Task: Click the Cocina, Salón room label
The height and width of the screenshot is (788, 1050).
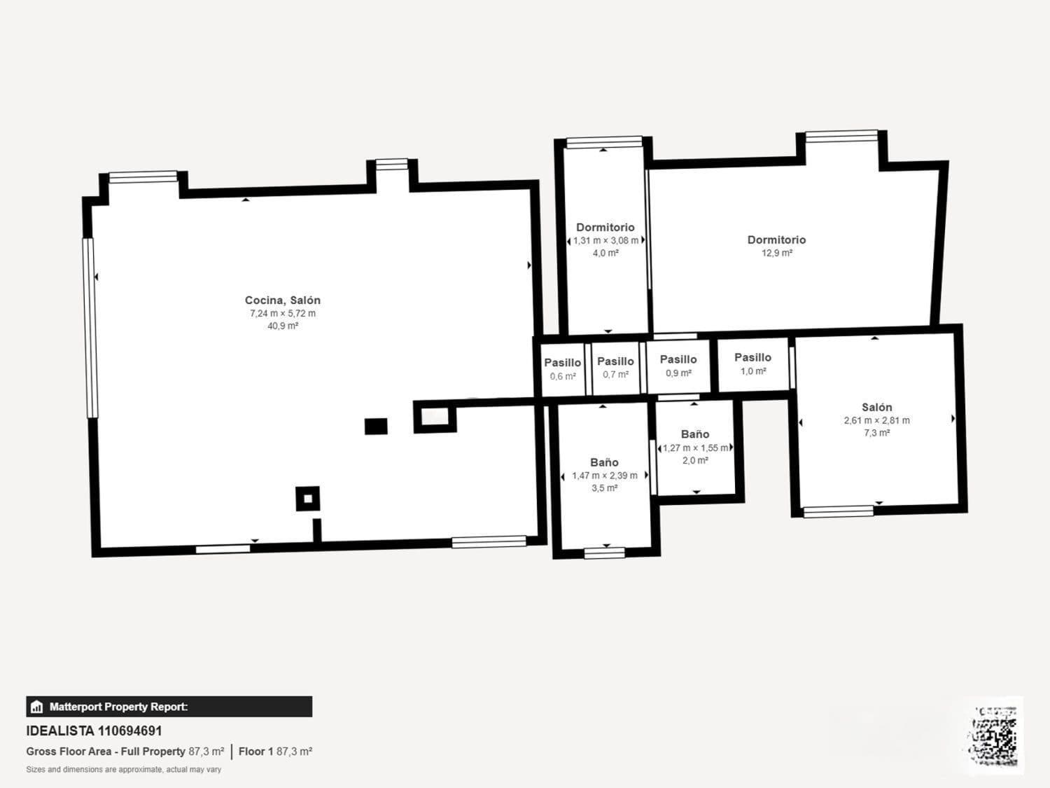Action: (x=282, y=300)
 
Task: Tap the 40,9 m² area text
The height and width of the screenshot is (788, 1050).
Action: (x=283, y=326)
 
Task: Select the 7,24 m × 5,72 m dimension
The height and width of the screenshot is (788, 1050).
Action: (x=283, y=313)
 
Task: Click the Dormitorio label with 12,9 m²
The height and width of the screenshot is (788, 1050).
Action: (x=776, y=240)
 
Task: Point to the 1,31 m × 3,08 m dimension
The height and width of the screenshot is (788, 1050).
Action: (x=605, y=240)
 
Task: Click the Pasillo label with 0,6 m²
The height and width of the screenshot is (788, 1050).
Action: (x=563, y=363)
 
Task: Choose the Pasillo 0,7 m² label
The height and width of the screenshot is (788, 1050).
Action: (x=615, y=361)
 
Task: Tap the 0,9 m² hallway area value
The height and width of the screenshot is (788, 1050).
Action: (x=678, y=373)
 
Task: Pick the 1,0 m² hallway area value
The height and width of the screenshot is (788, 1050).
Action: (x=753, y=371)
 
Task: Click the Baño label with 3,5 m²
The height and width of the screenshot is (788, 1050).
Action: (x=604, y=462)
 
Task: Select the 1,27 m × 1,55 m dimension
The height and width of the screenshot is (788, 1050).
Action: (x=696, y=448)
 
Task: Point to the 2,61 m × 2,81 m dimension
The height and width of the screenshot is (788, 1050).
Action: (x=877, y=420)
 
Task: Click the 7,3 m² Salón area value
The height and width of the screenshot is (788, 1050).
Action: (x=877, y=432)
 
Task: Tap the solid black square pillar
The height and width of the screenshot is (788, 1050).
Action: (x=376, y=427)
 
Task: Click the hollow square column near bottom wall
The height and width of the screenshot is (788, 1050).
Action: (x=307, y=499)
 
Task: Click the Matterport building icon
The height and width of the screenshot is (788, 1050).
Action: (x=37, y=707)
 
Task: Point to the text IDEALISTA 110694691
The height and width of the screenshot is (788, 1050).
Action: (x=94, y=731)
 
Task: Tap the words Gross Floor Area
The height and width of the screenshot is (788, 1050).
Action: (x=69, y=752)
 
